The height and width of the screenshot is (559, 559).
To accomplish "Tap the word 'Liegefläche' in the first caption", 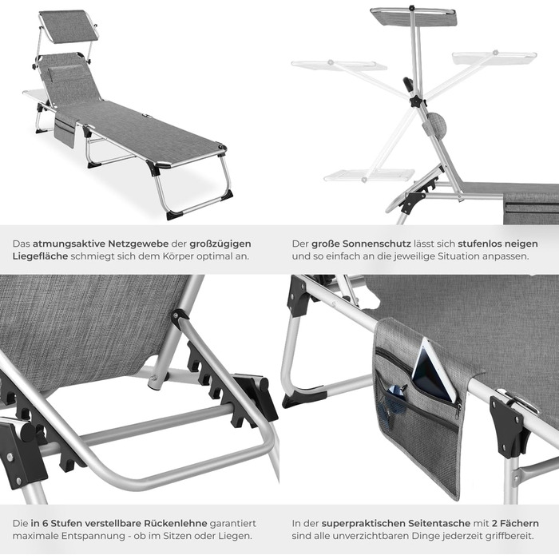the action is [40, 256].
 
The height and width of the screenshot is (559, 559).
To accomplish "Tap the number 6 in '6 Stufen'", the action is [46, 523].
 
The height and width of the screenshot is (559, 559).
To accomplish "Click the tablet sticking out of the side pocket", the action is [432, 371].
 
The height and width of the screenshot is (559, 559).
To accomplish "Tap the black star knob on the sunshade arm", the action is [417, 101].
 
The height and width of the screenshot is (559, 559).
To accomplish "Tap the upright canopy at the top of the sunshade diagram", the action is [414, 17].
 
